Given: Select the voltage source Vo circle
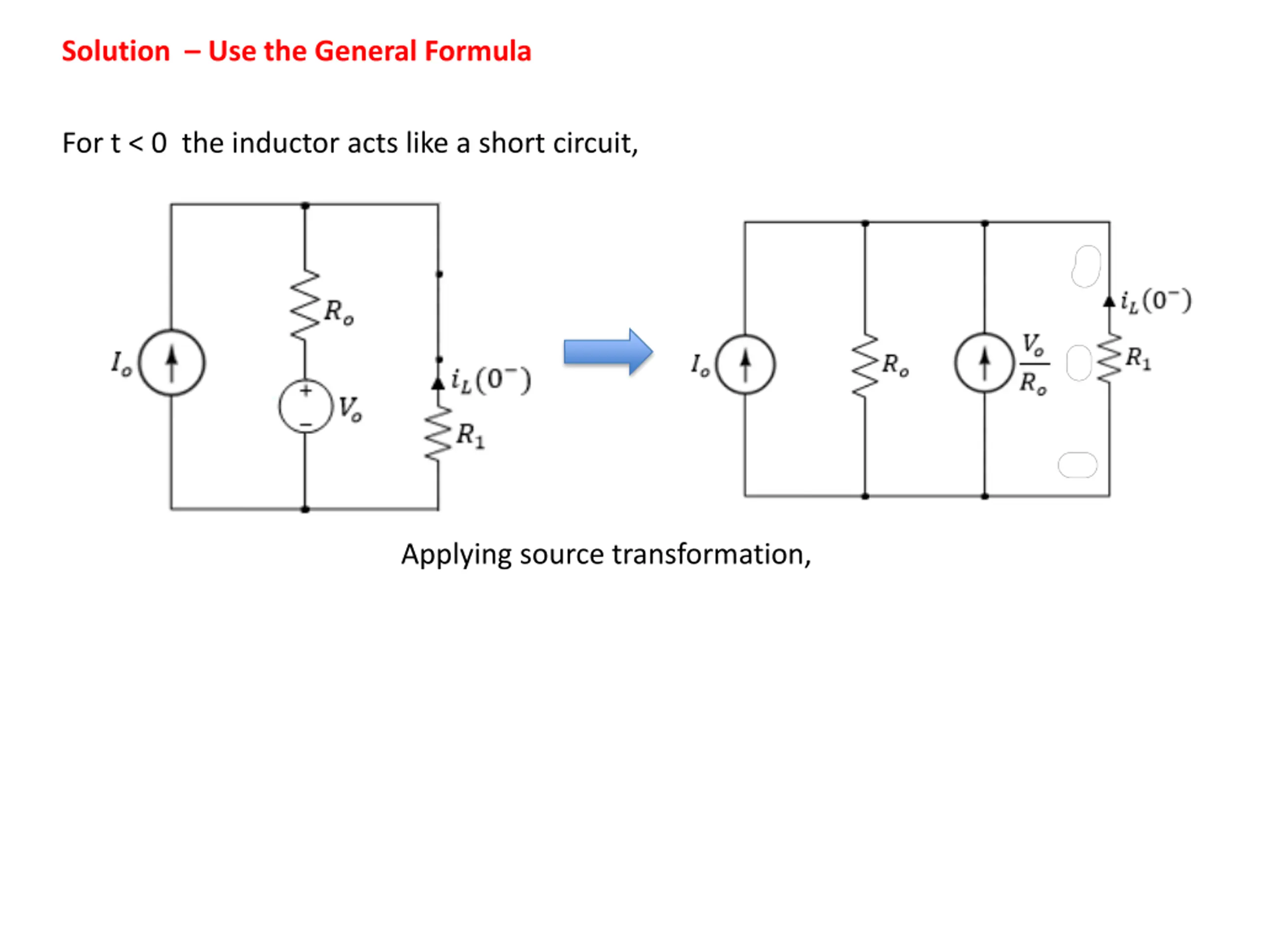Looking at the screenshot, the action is [x=305, y=406].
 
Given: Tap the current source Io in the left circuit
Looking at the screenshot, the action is [x=171, y=363].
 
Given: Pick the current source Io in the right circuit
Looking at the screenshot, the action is [x=745, y=364].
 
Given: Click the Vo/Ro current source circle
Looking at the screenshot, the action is [x=985, y=363].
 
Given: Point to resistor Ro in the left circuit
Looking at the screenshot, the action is [x=304, y=305].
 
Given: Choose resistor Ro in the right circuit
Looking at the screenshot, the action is [x=865, y=365].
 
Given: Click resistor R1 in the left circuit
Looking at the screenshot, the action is [x=438, y=434].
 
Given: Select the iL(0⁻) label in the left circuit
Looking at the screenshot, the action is [x=491, y=380].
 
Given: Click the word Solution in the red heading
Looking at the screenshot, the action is [x=116, y=51].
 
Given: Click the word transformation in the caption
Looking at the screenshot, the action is [x=710, y=554].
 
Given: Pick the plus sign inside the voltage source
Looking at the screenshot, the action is [x=306, y=391].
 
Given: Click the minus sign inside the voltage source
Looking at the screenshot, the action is [x=306, y=424].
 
